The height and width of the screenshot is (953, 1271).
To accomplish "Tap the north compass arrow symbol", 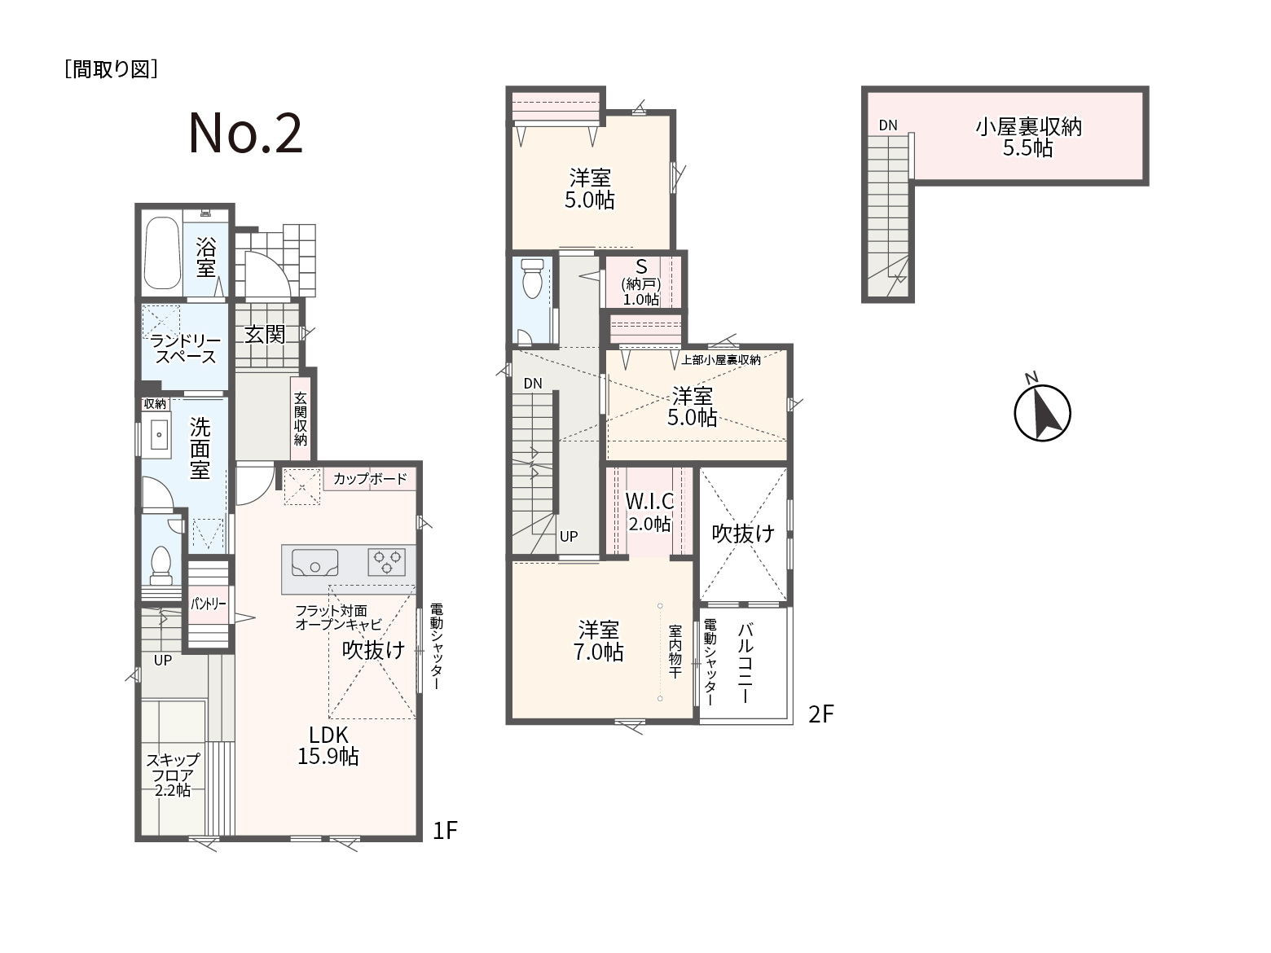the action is click(1042, 413).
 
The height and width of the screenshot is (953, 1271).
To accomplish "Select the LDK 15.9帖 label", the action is click(328, 746).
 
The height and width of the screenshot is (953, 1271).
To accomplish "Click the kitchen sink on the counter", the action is click(315, 562).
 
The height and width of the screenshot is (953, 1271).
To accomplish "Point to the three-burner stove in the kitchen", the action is click(387, 562).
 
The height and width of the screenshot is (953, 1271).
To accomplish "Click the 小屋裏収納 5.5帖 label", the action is click(1028, 137).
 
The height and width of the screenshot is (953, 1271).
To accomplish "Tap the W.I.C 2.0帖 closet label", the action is click(649, 512).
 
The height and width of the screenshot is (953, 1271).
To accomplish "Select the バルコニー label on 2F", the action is click(745, 663).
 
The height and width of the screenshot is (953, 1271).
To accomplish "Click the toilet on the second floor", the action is click(531, 278).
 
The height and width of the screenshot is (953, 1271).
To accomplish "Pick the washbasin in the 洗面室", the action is click(159, 434).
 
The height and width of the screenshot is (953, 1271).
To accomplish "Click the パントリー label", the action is click(209, 604).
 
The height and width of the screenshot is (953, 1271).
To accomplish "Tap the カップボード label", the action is click(370, 478).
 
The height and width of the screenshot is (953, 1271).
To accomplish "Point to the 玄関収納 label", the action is click(300, 419).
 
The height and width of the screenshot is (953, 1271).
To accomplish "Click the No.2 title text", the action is click(245, 134).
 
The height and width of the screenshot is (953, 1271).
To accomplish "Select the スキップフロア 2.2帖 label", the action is click(173, 775).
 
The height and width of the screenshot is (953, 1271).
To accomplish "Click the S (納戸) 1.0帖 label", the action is click(641, 283).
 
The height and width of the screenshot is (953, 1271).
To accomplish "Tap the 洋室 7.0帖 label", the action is click(598, 640).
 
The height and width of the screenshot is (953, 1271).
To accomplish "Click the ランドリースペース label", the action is click(185, 349).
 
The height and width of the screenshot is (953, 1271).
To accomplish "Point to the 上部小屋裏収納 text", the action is click(721, 360).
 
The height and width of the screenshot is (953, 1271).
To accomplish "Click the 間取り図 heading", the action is click(111, 69).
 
